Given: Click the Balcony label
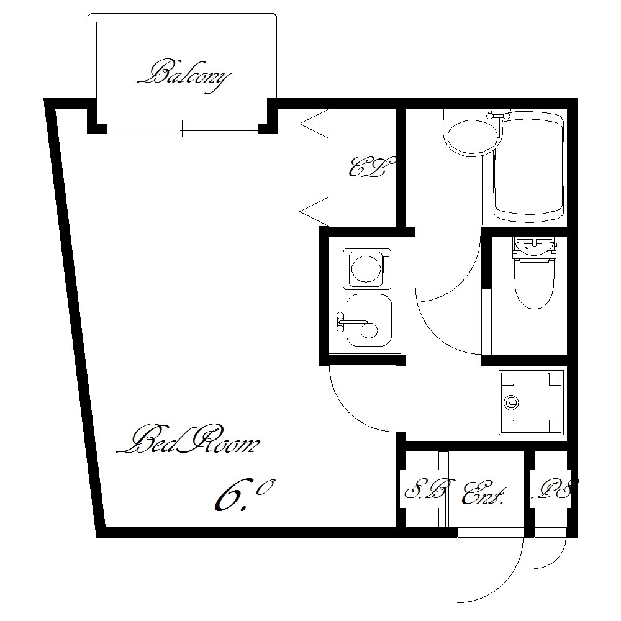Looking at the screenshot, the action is point(184,77).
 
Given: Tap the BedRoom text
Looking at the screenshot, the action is point(188,440).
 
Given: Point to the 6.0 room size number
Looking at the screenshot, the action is point(242,495).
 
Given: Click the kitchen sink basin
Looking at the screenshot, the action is point(369,320).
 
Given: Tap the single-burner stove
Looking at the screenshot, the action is point(367,268).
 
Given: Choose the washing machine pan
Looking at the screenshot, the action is point(531,402).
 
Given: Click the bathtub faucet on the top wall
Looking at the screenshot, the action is point(498,114).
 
